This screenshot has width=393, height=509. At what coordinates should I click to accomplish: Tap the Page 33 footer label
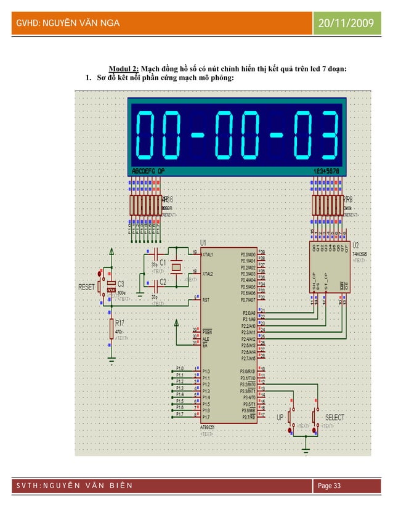pyautogui.click(x=330, y=487)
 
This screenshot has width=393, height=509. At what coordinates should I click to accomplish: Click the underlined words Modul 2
pyautogui.click(x=123, y=68)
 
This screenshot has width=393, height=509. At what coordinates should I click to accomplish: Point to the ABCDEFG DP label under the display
pyautogui.click(x=148, y=171)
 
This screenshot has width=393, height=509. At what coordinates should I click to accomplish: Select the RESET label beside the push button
pyautogui.click(x=86, y=287)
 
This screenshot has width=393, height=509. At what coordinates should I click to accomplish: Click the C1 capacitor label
pyautogui.click(x=164, y=262)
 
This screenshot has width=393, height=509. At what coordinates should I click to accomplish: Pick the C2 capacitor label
pyautogui.click(x=164, y=282)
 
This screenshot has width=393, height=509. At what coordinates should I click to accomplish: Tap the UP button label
pyautogui.click(x=280, y=418)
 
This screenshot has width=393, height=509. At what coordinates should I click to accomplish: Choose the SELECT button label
pyautogui.click(x=335, y=418)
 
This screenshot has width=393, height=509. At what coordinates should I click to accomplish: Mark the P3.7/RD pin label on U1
pyautogui.click(x=248, y=417)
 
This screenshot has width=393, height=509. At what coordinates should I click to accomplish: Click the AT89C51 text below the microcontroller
pyautogui.click(x=209, y=426)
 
